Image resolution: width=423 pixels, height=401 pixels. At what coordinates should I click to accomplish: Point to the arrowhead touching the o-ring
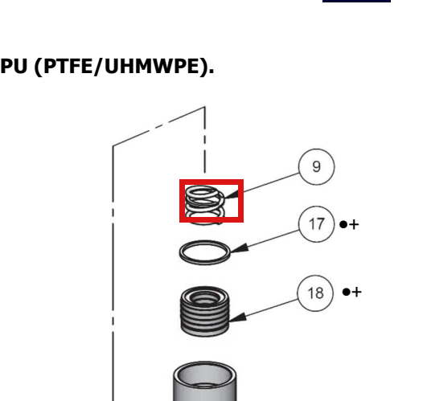(x=240, y=248)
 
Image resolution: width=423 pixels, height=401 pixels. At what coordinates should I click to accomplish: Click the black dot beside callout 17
(x=343, y=224)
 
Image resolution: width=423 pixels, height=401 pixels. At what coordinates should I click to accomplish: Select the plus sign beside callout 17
(x=354, y=224)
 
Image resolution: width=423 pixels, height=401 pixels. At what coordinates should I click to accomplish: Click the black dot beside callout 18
(x=346, y=292)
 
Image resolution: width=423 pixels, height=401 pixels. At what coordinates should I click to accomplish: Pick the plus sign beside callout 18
(x=356, y=293)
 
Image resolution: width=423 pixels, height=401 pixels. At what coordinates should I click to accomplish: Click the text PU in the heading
(x=14, y=66)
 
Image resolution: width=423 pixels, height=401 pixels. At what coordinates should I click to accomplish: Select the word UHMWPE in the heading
(x=151, y=66)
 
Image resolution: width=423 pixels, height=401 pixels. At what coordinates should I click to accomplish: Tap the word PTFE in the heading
(x=68, y=66)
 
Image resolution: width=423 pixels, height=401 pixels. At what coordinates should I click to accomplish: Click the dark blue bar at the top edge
(x=356, y=1)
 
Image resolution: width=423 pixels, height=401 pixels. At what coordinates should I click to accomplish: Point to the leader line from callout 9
(x=271, y=182)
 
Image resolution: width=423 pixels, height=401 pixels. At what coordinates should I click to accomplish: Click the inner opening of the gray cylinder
(x=205, y=377)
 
